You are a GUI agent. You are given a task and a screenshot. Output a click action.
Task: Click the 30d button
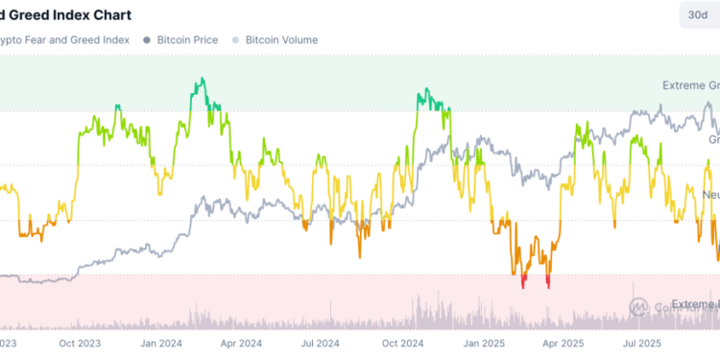(x=695, y=15)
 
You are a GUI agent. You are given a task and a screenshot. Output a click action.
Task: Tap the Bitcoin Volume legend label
(x=281, y=40)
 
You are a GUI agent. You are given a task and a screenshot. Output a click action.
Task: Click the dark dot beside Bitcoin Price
(x=146, y=40)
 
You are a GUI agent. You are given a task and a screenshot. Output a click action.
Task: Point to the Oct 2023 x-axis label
(x=82, y=341)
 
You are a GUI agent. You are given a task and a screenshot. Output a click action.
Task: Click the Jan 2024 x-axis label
(x=161, y=341)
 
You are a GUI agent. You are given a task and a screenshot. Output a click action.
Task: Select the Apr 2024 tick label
(x=240, y=341)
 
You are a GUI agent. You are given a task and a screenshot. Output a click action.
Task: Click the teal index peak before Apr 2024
(x=200, y=82)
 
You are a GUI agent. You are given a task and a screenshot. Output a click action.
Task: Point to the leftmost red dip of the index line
(x=523, y=282)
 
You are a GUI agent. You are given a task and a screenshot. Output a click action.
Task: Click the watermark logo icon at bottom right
(x=639, y=306)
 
